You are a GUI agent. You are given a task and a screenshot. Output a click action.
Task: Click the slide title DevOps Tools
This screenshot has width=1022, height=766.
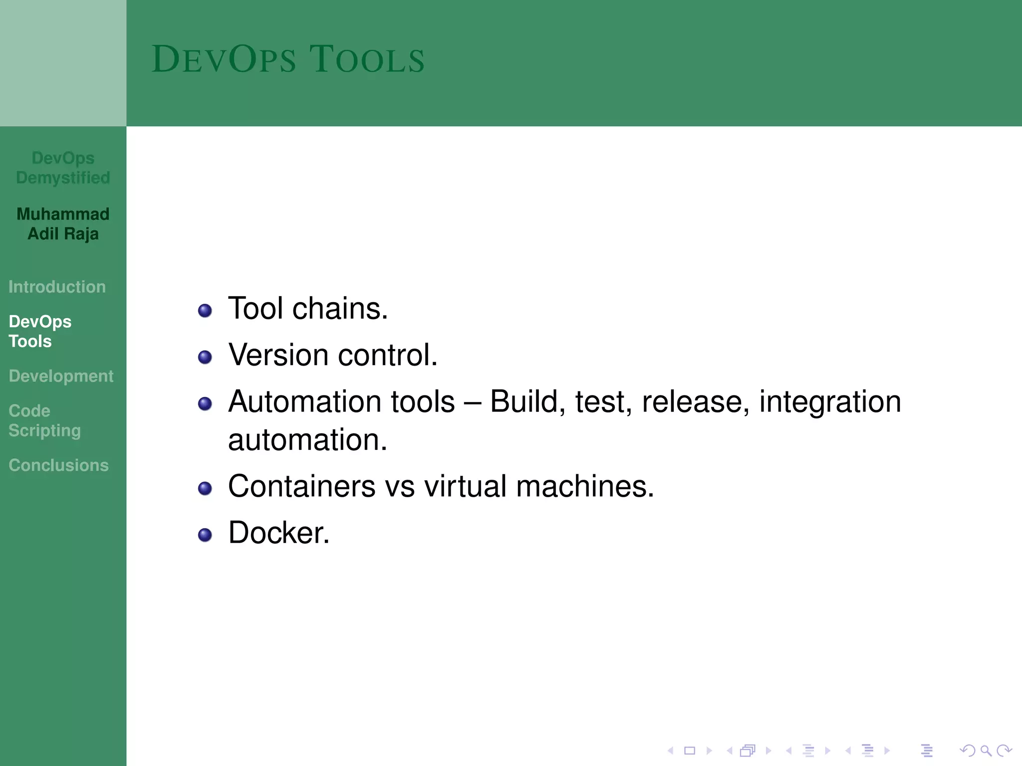288,59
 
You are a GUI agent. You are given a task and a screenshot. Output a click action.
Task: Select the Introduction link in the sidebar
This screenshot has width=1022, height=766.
57,287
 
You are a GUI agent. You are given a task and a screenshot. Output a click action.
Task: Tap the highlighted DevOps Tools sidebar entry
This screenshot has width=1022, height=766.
40,331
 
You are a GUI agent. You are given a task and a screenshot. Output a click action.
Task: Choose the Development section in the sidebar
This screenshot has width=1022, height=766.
61,376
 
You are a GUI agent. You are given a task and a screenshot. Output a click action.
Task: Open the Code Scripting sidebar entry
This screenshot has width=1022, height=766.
44,420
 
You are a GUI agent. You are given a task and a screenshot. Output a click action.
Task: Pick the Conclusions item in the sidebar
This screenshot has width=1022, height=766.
58,465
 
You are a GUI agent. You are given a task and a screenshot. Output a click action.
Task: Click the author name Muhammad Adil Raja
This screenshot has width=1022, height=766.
63,224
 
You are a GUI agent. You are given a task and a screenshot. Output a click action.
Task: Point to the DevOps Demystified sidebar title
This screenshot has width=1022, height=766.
63,168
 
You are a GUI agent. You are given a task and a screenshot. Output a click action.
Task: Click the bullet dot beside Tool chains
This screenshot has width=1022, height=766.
205,311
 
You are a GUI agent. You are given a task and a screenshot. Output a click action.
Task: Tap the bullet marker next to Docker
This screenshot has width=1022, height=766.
205,535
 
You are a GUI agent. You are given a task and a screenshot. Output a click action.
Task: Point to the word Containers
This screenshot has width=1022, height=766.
301,486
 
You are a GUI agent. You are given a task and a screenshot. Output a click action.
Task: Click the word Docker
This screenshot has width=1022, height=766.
278,533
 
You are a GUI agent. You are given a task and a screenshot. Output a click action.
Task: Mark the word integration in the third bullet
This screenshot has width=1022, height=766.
830,402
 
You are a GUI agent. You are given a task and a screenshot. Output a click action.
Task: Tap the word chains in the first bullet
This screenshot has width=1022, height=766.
340,308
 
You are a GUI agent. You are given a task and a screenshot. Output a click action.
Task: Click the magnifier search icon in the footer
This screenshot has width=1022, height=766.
986,751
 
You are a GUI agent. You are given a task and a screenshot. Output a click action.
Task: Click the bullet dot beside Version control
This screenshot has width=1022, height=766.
205,357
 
